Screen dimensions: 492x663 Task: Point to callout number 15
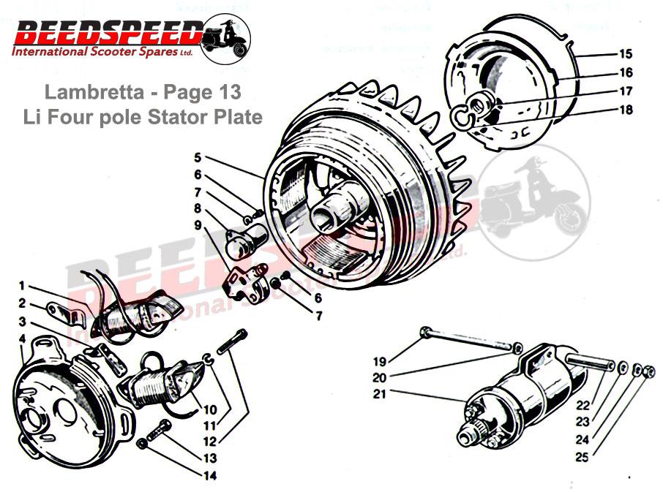(625, 54)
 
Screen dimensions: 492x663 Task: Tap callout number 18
(625, 110)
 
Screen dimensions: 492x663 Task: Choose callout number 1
(23, 285)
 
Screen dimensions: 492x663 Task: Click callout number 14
(211, 475)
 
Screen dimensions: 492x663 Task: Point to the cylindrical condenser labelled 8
(244, 241)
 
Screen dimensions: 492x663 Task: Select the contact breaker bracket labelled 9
(241, 281)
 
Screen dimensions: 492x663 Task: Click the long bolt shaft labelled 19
(468, 339)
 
